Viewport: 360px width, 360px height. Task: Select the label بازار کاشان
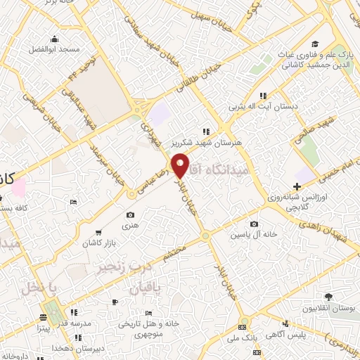94,241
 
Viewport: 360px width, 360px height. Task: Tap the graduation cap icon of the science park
316,43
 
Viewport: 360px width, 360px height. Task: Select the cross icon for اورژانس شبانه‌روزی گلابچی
297,186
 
